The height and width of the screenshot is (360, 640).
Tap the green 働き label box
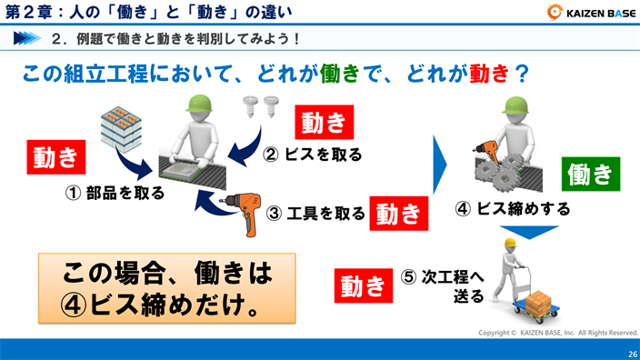coord(588,172)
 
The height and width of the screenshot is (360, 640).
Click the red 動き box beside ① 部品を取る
coord(55,156)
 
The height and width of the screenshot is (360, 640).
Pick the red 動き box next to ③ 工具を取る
coord(398,214)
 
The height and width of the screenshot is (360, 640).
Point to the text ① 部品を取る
coord(114,193)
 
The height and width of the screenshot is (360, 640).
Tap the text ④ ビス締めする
coord(513,209)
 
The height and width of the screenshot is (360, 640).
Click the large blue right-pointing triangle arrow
coord(443,165)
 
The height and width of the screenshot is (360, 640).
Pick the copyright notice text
coord(558,333)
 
